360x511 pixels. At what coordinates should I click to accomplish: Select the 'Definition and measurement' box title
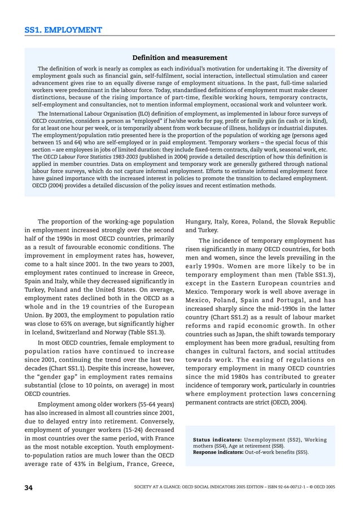click(179, 58)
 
